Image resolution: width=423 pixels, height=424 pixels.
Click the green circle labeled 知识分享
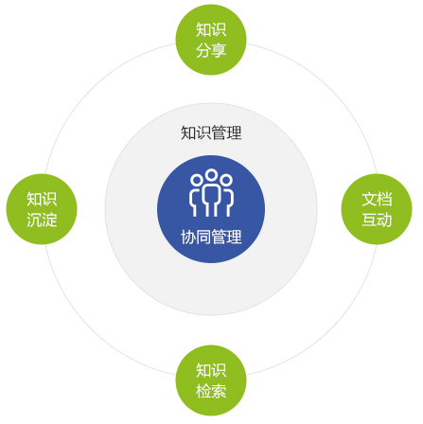211,40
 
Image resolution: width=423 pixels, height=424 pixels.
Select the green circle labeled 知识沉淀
42,209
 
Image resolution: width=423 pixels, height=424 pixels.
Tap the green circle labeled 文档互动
377,209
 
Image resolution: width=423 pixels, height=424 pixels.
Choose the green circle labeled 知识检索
211,380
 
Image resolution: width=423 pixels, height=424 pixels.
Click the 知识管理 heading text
211,132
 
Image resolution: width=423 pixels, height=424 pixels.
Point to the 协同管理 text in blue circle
211,237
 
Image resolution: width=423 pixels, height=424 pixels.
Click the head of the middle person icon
211,174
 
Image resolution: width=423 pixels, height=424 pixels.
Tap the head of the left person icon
196,180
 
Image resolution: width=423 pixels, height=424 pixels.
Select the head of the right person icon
226,180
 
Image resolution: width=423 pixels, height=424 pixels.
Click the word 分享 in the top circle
211,50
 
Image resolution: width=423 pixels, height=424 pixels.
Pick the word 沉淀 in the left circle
42,220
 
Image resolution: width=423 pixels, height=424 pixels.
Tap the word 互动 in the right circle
377,220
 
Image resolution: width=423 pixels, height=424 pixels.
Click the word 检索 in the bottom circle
211,391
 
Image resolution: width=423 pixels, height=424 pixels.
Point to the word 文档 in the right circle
377,200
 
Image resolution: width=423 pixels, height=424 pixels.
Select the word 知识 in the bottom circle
211,370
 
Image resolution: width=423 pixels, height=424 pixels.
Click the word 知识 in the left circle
42,200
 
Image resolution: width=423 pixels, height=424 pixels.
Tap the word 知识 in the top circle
211,29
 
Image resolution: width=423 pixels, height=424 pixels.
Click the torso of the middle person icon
211,200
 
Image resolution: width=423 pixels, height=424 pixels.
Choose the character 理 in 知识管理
235,132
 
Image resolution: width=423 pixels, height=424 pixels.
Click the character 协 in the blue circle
188,237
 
